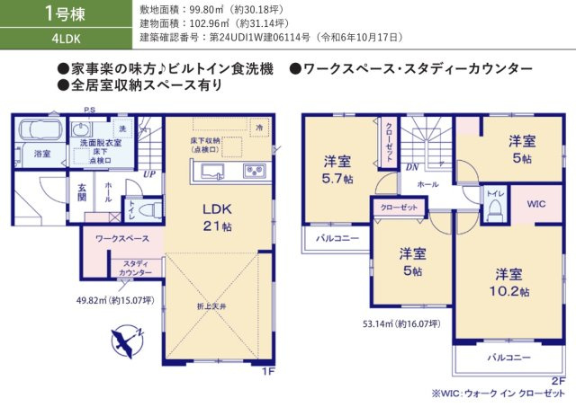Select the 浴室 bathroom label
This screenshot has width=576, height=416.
[42, 154]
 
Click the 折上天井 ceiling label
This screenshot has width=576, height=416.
[213, 307]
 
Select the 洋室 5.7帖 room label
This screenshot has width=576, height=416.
[339, 171]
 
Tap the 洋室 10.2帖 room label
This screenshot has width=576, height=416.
[510, 282]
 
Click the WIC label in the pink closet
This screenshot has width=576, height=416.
[535, 204]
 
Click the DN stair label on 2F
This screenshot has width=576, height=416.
[410, 167]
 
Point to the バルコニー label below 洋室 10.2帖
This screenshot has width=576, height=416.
[510, 357]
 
